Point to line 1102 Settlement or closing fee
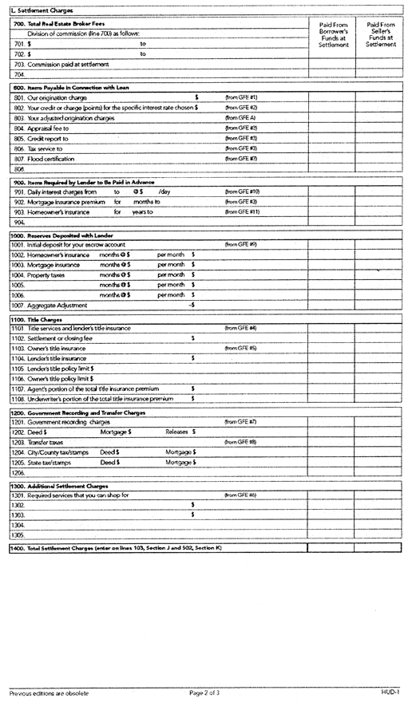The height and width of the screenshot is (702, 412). (x=63, y=338)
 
